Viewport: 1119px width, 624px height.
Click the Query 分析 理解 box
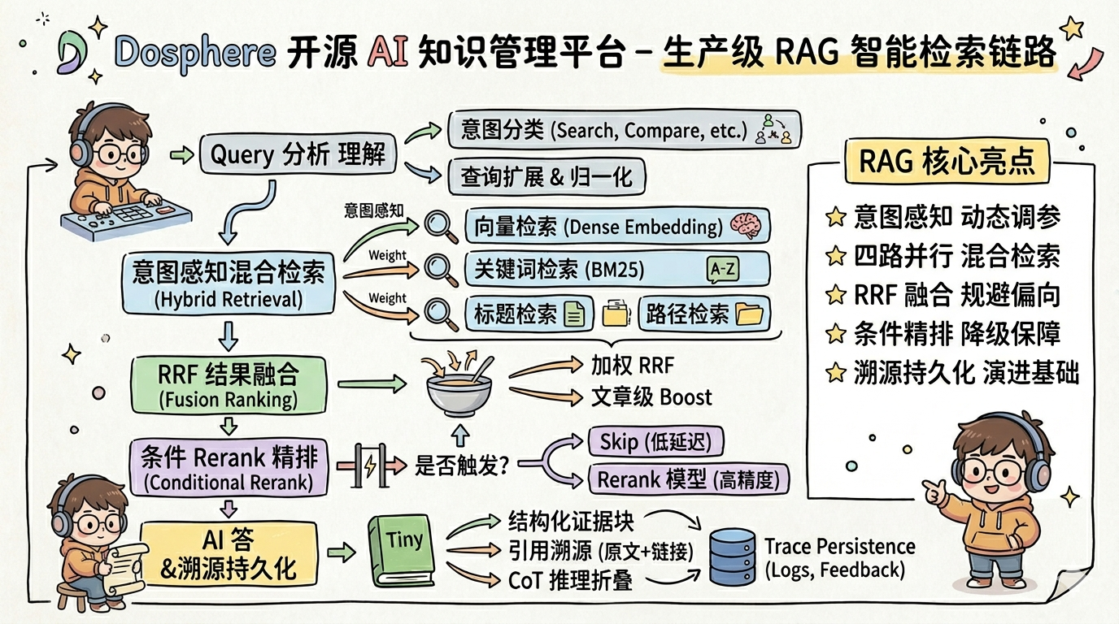point(298,153)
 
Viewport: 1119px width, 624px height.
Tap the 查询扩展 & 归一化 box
point(546,175)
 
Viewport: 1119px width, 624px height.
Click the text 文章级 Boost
point(651,397)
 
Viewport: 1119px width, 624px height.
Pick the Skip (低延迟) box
point(655,443)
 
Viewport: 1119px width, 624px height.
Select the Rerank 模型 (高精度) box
point(688,479)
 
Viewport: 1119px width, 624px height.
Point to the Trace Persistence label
point(839,547)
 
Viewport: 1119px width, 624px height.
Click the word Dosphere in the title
point(194,53)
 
